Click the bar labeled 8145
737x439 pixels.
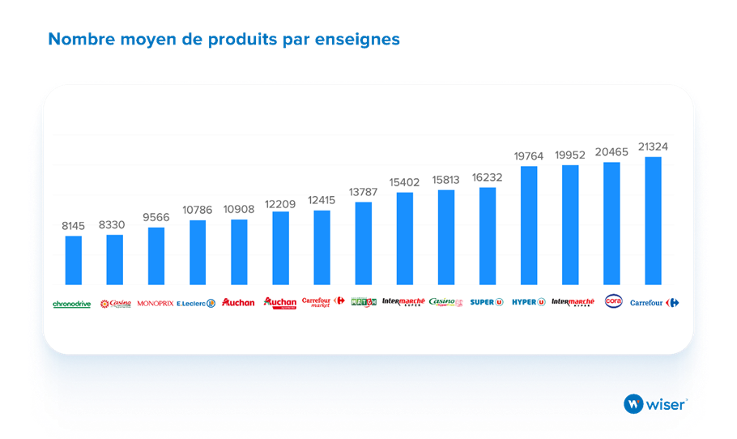pos(73,260)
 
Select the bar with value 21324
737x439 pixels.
pos(653,220)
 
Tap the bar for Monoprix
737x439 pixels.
pos(156,256)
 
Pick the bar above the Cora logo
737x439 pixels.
pos(611,223)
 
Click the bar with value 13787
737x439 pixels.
pos(364,243)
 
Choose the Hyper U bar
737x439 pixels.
pos(529,225)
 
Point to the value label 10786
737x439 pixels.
pos(198,210)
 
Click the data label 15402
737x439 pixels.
pos(405,182)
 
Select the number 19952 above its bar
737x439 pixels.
pos(570,155)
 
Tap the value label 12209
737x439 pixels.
pos(280,202)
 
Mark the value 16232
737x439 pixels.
pos(488,177)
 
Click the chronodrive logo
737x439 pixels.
pos(71,304)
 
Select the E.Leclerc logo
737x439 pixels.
pos(196,304)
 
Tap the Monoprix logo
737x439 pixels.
pos(155,304)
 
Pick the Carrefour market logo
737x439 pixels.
pos(323,302)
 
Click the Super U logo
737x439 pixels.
pos(488,303)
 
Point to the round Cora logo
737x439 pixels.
pos(612,301)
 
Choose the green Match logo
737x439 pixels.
pos(364,302)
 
